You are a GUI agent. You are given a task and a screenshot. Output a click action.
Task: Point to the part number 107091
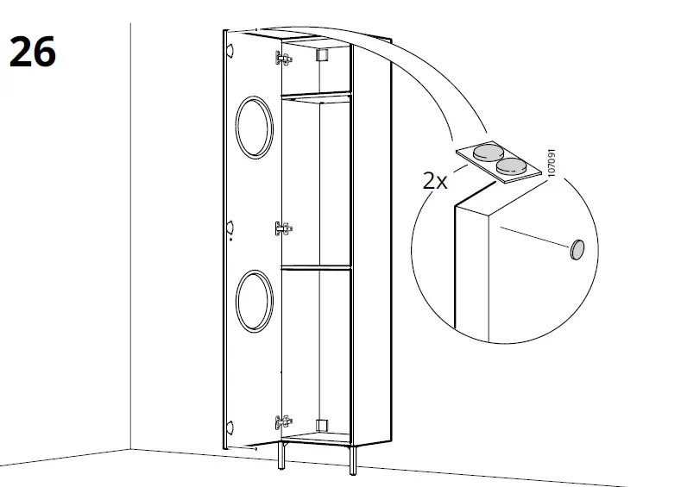tap(552, 165)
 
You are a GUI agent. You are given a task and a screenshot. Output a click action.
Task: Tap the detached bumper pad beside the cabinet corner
tap(576, 250)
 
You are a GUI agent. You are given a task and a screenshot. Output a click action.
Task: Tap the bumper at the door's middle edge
tap(230, 227)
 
